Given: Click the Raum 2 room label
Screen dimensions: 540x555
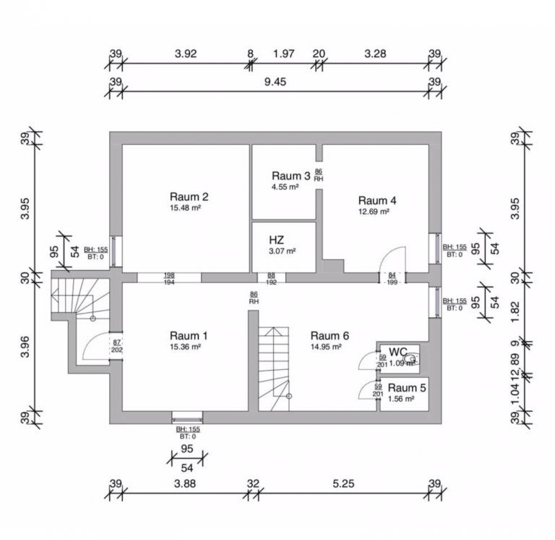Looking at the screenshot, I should point(189,196).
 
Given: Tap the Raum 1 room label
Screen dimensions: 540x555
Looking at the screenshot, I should point(189,335).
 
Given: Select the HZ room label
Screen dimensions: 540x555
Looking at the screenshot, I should point(277,240).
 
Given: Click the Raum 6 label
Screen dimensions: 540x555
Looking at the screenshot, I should point(330,335).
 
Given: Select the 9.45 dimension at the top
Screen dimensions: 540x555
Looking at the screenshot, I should point(275,82).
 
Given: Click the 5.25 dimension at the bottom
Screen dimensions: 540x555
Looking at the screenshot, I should point(343,484).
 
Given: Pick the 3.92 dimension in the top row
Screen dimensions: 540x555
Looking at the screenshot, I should point(186,54).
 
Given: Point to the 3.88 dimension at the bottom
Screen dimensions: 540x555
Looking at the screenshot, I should point(186,484).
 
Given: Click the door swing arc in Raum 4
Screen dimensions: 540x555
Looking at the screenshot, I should point(394,259).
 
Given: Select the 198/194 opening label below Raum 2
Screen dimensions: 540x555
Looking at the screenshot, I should point(169,277).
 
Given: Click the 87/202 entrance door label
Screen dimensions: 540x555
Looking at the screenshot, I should point(116,345).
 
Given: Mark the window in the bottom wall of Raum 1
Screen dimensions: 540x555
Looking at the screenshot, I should point(187,417).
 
